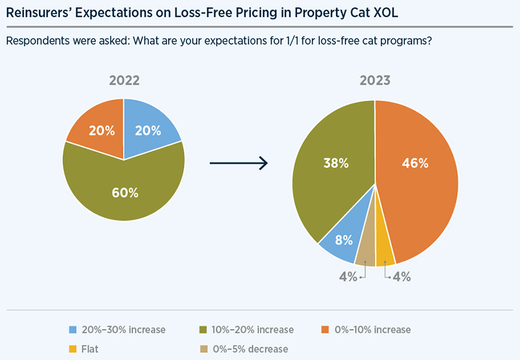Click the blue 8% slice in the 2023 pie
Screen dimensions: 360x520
pos(340,240)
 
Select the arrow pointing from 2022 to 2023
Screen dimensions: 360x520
pos(239,163)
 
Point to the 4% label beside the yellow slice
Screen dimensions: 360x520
pos(401,277)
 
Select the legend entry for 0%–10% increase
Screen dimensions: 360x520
pos(367,329)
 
